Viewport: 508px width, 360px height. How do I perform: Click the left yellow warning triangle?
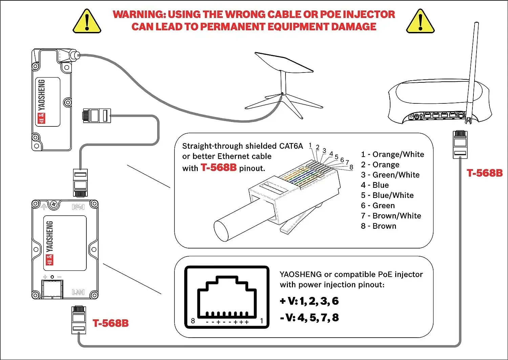[87, 22]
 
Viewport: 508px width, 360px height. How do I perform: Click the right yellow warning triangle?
[420, 22]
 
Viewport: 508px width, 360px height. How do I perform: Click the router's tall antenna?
[472, 68]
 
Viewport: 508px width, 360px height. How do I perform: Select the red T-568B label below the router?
[485, 173]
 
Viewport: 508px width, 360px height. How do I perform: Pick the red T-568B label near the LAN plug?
[111, 323]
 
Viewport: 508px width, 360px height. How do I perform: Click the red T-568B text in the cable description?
[218, 167]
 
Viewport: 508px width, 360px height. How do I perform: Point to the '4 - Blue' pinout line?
[375, 185]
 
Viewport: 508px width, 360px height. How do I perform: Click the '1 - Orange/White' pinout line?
[393, 155]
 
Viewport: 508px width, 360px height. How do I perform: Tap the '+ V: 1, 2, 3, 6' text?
[309, 301]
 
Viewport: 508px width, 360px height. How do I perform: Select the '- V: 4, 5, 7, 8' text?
[309, 318]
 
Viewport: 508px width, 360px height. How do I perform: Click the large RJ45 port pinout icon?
[227, 297]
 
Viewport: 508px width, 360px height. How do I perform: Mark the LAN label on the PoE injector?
[78, 292]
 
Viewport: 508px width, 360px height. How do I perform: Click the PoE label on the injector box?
[78, 207]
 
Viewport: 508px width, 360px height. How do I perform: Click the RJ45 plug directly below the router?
[460, 144]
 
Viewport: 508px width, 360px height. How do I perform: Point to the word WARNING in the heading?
[139, 14]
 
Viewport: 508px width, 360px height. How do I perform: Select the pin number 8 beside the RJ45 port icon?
[193, 321]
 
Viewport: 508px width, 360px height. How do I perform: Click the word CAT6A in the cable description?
[291, 146]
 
